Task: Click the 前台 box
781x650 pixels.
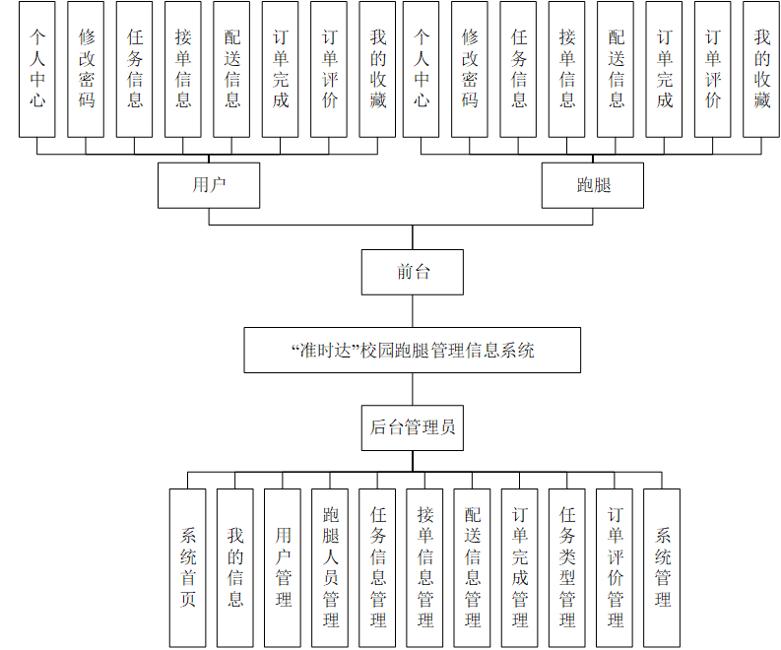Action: click(x=412, y=272)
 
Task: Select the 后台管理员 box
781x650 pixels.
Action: click(x=412, y=427)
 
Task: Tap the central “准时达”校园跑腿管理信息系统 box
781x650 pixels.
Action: click(x=412, y=350)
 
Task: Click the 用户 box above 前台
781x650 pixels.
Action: click(x=209, y=184)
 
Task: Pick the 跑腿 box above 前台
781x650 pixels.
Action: click(x=593, y=184)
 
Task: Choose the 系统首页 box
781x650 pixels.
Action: click(x=187, y=567)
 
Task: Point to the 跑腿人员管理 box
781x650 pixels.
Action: click(x=330, y=567)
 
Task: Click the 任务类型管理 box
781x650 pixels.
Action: click(x=567, y=567)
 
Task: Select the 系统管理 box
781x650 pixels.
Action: click(x=662, y=567)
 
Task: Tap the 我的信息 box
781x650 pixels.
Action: click(x=235, y=567)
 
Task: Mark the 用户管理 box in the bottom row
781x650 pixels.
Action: click(x=283, y=567)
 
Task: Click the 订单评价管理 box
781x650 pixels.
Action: click(x=615, y=567)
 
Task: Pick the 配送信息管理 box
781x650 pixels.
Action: click(x=473, y=567)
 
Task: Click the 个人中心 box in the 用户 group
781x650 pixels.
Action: click(x=37, y=68)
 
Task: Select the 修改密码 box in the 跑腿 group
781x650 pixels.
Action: click(x=470, y=68)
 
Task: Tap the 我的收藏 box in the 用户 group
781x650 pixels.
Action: click(x=378, y=68)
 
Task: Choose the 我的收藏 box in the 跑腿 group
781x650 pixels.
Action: click(x=761, y=68)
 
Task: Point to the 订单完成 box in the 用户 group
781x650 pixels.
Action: click(x=281, y=68)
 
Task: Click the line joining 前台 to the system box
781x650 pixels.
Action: click(x=412, y=311)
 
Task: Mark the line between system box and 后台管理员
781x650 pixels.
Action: click(x=412, y=388)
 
